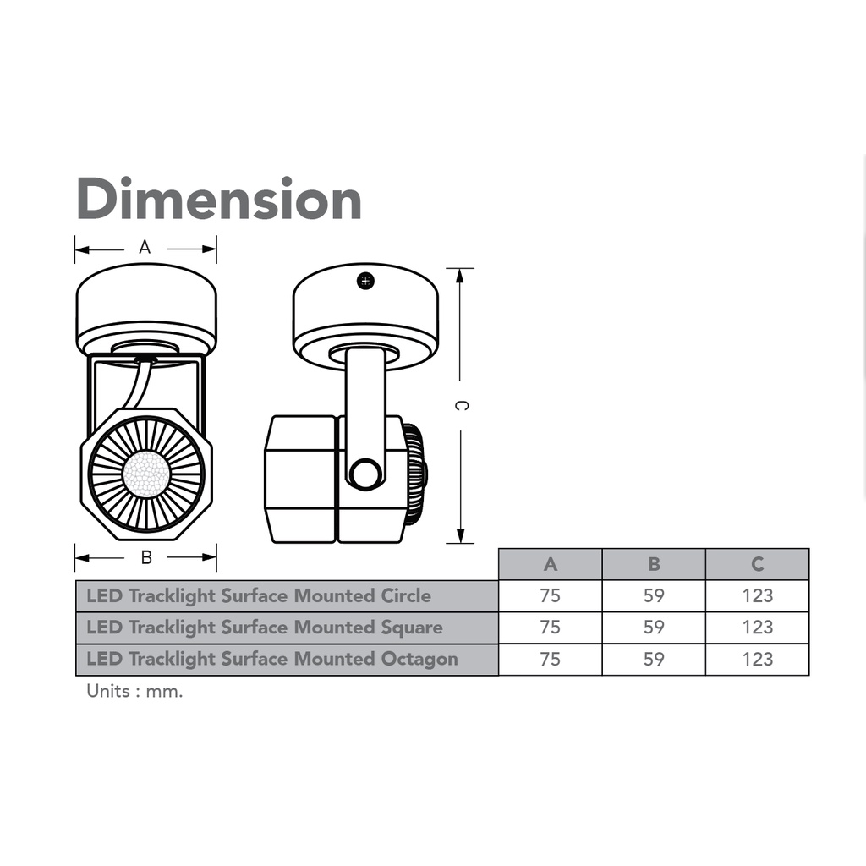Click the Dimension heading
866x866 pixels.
[219, 198]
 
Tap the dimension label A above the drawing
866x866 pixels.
[145, 247]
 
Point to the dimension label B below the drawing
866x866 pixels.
[145, 557]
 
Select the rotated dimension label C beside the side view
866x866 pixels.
[461, 405]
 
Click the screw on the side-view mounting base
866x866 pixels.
[365, 281]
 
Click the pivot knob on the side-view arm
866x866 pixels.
[365, 474]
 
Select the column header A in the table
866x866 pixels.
[550, 564]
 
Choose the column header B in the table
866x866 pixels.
[654, 564]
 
